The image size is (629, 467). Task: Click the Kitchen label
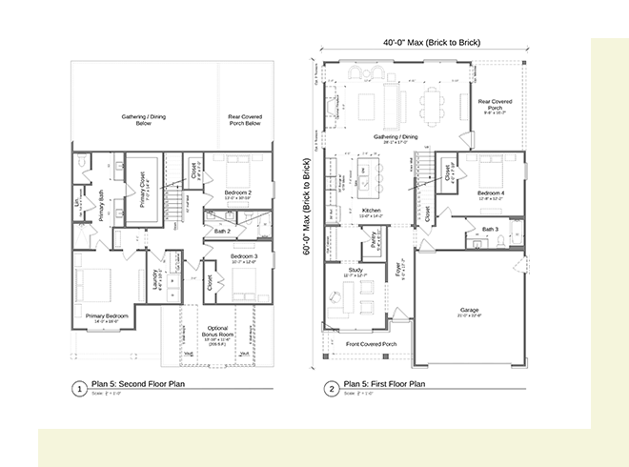coord(371,211)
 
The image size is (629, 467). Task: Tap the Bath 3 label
coord(491,229)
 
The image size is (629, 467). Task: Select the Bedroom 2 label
coord(237,193)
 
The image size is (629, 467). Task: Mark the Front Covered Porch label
coord(370,343)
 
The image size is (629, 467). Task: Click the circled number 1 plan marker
coord(78,389)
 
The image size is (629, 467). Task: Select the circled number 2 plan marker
coord(331,389)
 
